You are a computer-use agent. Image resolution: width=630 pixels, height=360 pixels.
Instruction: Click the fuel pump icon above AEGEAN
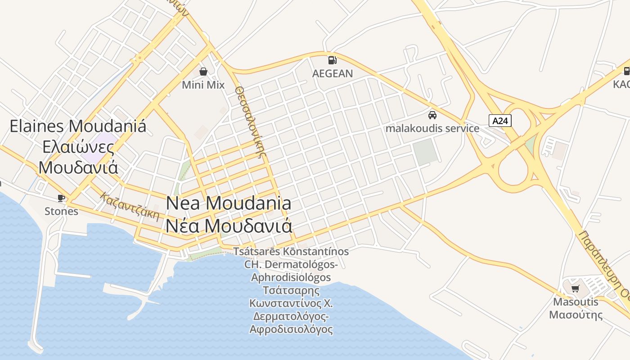click(x=332, y=60)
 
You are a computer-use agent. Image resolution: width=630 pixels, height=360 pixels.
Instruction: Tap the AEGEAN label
click(x=333, y=73)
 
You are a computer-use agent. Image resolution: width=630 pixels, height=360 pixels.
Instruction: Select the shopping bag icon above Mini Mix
click(x=203, y=71)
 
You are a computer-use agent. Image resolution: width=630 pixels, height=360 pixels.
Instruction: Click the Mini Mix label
click(x=203, y=85)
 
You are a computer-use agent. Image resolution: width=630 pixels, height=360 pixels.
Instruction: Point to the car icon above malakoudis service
click(x=432, y=115)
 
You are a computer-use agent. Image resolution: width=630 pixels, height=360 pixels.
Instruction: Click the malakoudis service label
click(x=432, y=128)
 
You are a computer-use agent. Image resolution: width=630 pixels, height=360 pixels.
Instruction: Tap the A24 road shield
click(x=500, y=121)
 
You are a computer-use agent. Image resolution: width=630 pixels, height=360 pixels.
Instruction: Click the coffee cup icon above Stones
click(x=61, y=198)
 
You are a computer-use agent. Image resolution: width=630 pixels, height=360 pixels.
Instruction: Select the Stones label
click(x=61, y=211)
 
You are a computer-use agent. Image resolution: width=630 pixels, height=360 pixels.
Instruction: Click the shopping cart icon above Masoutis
click(x=575, y=288)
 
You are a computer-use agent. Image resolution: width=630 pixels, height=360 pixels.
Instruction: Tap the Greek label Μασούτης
click(x=576, y=314)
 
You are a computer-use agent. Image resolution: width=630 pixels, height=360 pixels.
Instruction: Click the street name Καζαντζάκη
click(x=130, y=207)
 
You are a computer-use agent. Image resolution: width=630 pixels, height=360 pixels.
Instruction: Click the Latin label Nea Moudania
click(x=229, y=203)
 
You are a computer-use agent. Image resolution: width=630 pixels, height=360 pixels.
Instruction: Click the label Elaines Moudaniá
click(x=78, y=126)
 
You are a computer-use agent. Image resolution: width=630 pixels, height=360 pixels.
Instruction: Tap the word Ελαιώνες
click(x=78, y=147)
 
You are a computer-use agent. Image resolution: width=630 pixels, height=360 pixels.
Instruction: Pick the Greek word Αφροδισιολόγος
click(x=291, y=329)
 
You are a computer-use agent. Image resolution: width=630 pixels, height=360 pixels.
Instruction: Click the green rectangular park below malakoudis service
click(x=426, y=151)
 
